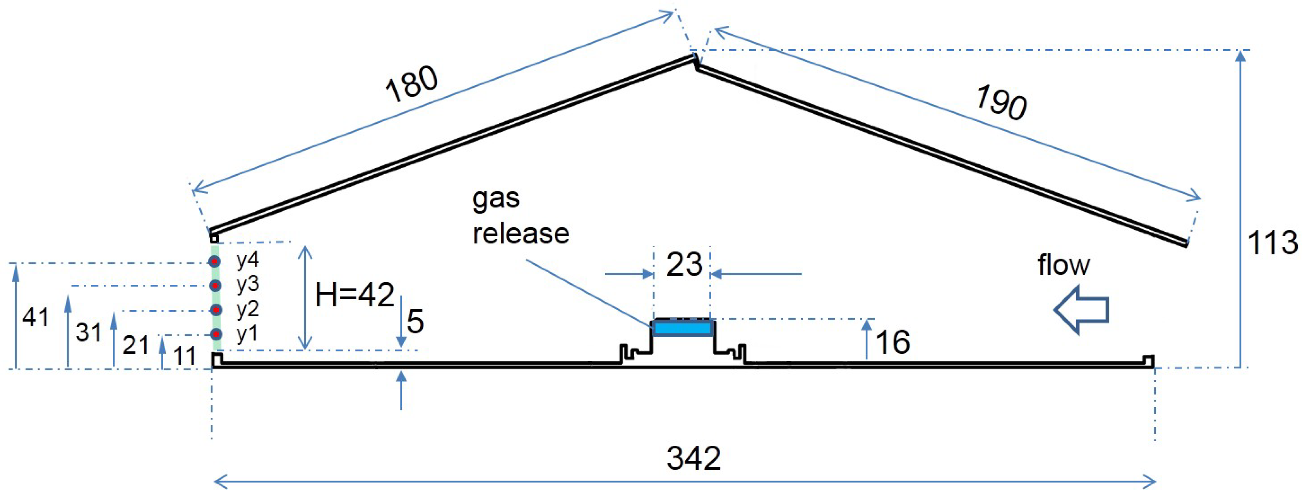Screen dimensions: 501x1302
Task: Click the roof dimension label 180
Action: (411, 84)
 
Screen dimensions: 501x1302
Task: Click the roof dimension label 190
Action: (1001, 103)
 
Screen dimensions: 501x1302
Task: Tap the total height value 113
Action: (1272, 243)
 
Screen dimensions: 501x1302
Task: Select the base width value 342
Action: (693, 459)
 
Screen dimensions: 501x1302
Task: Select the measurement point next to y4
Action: (215, 261)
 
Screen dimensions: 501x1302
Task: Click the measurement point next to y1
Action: (216, 334)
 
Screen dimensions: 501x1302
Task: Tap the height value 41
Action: (35, 317)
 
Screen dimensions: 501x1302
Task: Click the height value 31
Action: (89, 332)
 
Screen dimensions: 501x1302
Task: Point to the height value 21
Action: (135, 346)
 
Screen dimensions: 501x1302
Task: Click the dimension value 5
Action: (415, 322)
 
